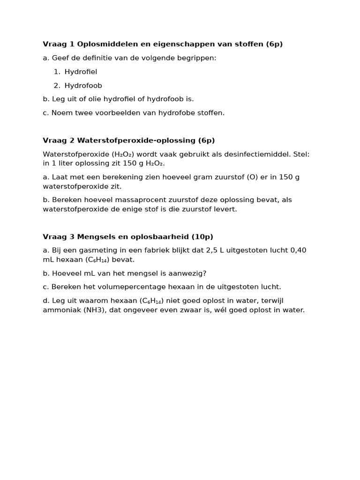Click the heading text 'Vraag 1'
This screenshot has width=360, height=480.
coord(59,44)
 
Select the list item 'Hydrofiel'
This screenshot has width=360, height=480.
coord(81,72)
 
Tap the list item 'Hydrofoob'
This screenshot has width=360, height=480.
coord(83,85)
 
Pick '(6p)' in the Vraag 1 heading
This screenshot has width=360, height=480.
coord(274,44)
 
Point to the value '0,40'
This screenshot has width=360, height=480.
coord(298,250)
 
